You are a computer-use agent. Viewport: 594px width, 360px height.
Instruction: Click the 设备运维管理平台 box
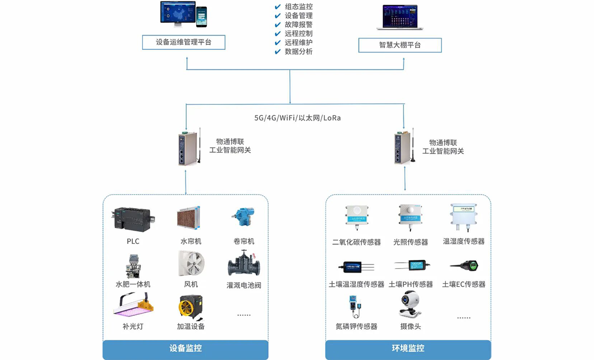(184, 42)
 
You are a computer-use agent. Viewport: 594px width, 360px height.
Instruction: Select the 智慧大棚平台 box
(400, 45)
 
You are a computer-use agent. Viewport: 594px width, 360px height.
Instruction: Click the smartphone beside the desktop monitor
(201, 17)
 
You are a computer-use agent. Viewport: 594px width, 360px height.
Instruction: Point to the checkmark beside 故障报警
(278, 25)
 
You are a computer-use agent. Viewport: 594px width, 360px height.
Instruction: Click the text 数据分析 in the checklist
(299, 51)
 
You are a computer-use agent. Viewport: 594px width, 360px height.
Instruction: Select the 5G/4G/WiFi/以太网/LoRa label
(297, 118)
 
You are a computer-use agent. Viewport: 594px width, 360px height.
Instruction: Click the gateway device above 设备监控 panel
(188, 148)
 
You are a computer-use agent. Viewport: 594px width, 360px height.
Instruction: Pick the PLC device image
(133, 219)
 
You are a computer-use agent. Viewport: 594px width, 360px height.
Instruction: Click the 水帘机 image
(189, 218)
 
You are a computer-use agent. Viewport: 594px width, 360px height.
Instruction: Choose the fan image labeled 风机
(191, 264)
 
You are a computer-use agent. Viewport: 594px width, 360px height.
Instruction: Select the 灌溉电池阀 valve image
(244, 264)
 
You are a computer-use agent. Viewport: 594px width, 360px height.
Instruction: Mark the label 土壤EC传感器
(464, 284)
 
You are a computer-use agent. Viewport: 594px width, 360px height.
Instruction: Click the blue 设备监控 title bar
(185, 349)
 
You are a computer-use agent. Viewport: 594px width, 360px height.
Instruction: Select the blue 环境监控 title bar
(408, 349)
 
